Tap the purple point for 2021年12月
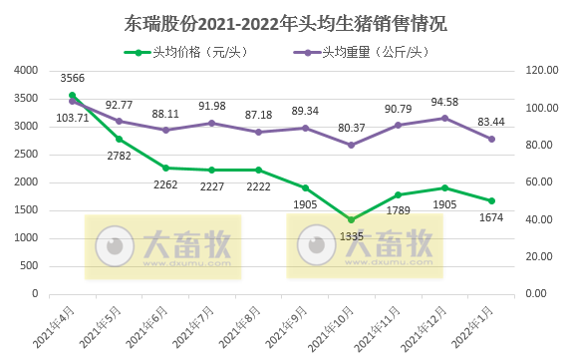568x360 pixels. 444,118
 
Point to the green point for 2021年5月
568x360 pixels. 119,139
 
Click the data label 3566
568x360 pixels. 72,78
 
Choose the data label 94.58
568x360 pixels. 444,101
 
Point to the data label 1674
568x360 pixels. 491,217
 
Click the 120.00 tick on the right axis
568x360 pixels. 538,70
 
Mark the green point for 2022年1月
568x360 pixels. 491,200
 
